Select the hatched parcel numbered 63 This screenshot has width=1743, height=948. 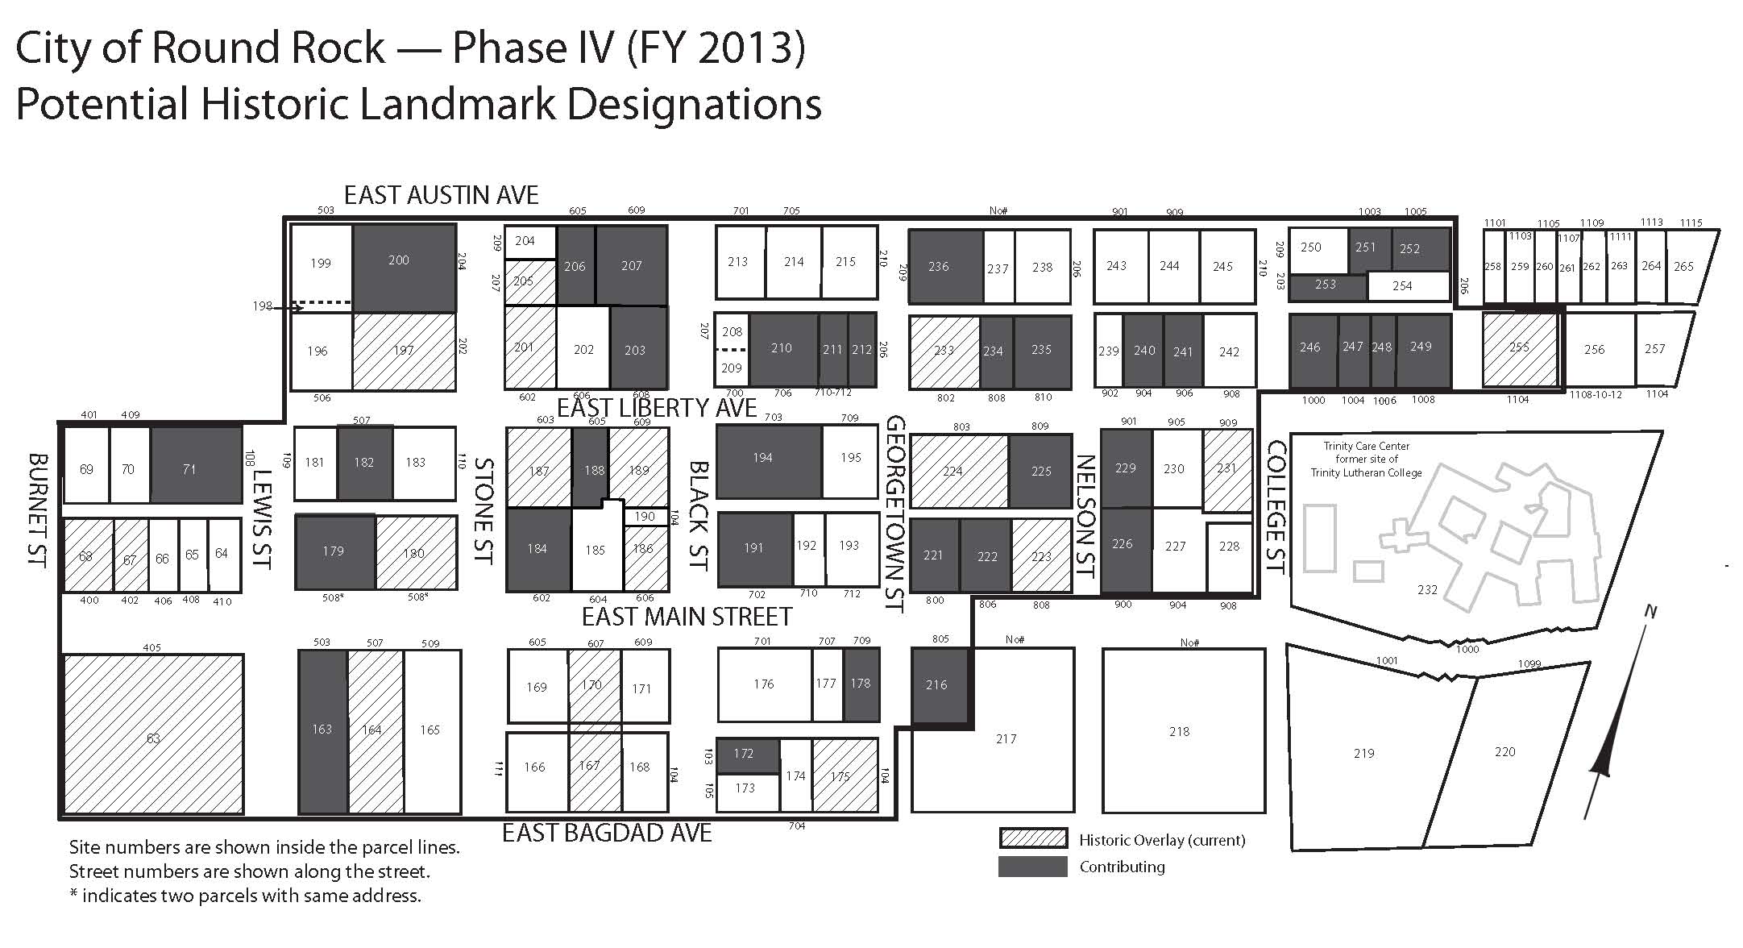tap(153, 734)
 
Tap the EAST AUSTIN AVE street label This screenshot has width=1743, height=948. tap(442, 195)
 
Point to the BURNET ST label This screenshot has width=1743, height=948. tap(38, 510)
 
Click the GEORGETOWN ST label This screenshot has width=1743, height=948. tap(896, 514)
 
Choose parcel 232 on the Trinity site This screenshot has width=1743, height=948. tap(1427, 589)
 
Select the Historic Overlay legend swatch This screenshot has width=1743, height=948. tap(1033, 838)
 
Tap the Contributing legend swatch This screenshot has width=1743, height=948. tap(1033, 867)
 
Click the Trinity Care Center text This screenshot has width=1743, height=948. tap(1367, 446)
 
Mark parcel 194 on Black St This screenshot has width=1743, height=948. tap(770, 462)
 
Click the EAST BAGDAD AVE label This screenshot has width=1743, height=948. tap(607, 833)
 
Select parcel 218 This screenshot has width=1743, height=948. tap(1183, 730)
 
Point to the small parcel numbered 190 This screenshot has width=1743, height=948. tap(645, 517)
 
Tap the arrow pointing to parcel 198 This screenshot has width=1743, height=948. tap(288, 306)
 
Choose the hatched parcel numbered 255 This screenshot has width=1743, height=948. tap(1520, 349)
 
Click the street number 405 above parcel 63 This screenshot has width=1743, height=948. tap(151, 647)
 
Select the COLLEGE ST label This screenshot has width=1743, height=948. tap(1276, 507)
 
